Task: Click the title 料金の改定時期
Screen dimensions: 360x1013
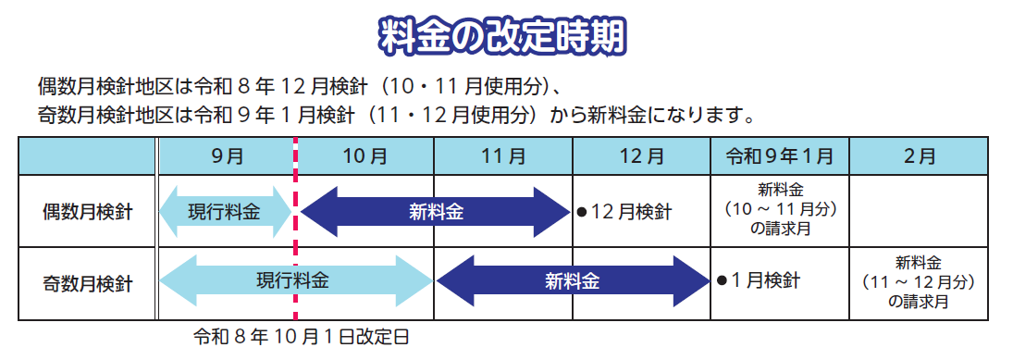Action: click(x=505, y=36)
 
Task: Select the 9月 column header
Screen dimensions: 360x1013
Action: click(x=227, y=155)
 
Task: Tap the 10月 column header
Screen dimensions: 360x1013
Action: click(x=364, y=155)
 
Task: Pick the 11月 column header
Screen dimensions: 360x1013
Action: click(x=503, y=155)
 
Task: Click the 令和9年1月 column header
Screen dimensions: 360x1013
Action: click(x=780, y=155)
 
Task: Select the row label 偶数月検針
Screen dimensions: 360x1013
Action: click(x=87, y=212)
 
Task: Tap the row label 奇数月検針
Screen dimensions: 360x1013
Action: click(x=87, y=281)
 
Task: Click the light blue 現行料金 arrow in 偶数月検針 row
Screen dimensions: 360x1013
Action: click(x=226, y=212)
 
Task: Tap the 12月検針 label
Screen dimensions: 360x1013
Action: click(x=630, y=212)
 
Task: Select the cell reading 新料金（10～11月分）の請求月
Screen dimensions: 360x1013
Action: click(x=780, y=210)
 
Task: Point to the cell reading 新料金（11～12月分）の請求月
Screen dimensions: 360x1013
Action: click(x=920, y=281)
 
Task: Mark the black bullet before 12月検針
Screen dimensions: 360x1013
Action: click(x=582, y=212)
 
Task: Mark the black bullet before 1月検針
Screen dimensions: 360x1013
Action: click(x=721, y=279)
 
